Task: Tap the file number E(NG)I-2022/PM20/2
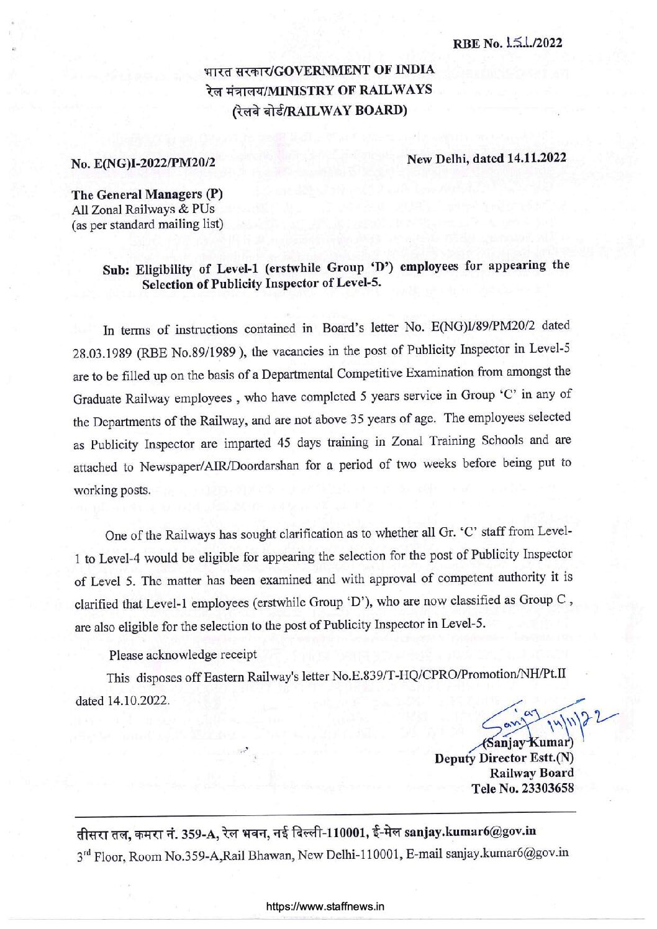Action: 143,164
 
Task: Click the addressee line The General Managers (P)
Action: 147,194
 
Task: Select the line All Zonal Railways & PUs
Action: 143,209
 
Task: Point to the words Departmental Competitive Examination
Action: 330,373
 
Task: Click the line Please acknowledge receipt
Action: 183,655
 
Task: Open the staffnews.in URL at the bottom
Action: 325,906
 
